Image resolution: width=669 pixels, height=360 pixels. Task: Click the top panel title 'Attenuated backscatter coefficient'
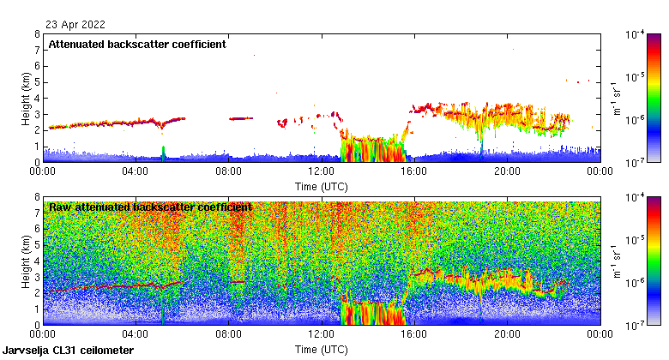(x=137, y=44)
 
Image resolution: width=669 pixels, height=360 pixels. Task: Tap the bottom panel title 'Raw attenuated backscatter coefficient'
(x=150, y=207)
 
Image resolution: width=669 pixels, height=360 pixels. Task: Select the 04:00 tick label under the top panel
(x=136, y=171)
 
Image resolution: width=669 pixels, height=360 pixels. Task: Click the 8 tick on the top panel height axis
(x=37, y=35)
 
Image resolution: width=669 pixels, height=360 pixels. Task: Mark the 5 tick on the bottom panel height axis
(x=37, y=245)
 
